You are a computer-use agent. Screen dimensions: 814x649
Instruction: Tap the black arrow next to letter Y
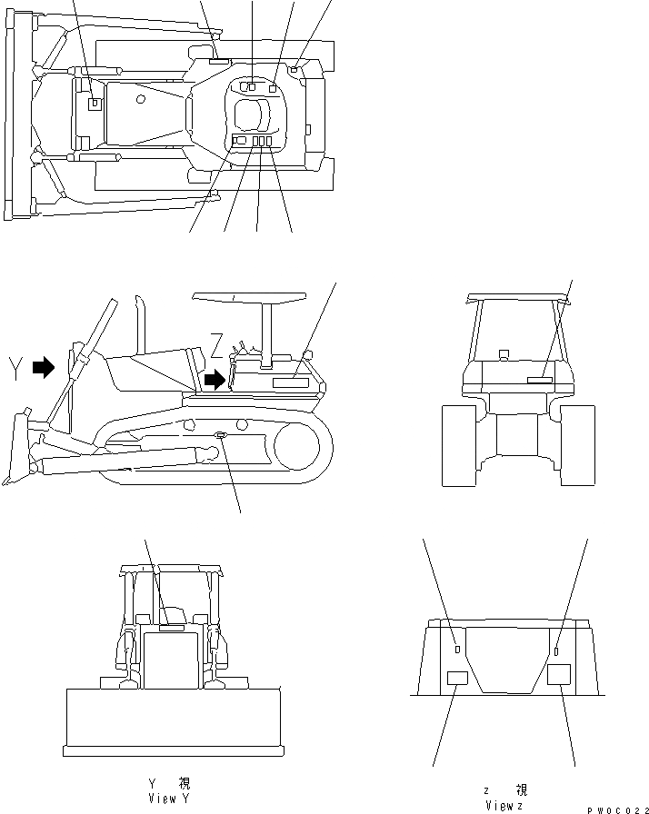coord(43,367)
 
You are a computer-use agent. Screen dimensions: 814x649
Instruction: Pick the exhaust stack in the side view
coord(141,323)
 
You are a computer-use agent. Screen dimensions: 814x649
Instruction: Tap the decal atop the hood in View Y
coord(171,627)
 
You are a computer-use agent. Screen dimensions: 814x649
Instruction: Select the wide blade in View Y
coord(172,721)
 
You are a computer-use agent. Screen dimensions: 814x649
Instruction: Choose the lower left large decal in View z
coord(457,677)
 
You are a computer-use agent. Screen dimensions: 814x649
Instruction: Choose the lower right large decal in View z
coord(559,674)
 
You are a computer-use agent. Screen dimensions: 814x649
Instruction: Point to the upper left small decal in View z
coord(456,649)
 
